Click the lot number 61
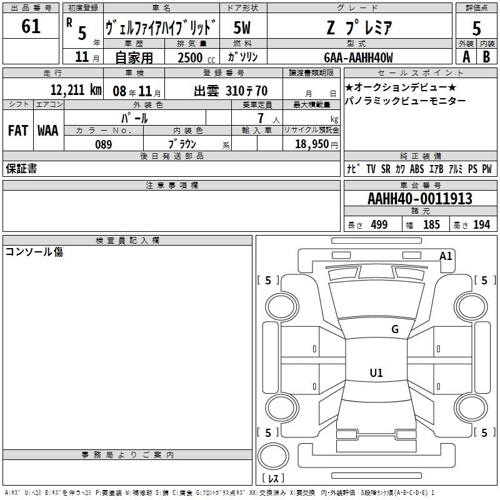[31, 26]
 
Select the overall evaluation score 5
[476, 28]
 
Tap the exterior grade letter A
[466, 57]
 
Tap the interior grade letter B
[486, 57]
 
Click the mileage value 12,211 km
[76, 90]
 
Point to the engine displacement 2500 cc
[196, 57]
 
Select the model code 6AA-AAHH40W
[358, 57]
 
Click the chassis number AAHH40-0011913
[420, 199]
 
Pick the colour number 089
[104, 144]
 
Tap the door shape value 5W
[242, 27]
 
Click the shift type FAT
[18, 131]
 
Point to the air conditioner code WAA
[48, 131]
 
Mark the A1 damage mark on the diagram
[446, 256]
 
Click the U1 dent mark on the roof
[376, 372]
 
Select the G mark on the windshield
[395, 329]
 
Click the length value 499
[379, 225]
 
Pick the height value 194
[481, 225]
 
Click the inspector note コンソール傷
[34, 252]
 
